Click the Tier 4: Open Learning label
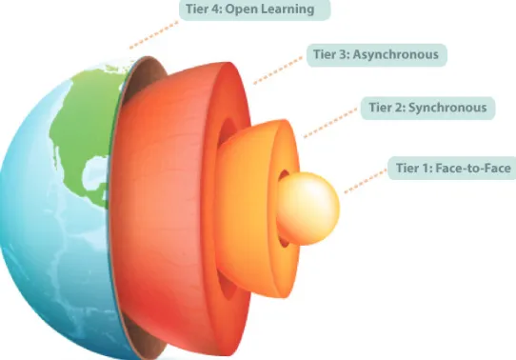pos(254,10)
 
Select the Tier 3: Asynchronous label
pos(377,55)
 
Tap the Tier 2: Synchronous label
pos(427,108)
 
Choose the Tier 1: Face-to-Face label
pos(452,169)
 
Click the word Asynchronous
pos(395,54)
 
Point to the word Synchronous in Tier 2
pos(447,108)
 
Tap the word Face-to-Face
pos(473,169)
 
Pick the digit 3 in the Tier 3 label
pos(343,54)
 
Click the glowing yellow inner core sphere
pos(308,209)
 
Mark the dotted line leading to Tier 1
pos(366,181)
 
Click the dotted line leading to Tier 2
pos(330,123)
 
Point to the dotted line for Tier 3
pos(278,70)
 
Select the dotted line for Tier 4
pos(154,35)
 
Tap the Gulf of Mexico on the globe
pos(93,172)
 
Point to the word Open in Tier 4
pos(240,10)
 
